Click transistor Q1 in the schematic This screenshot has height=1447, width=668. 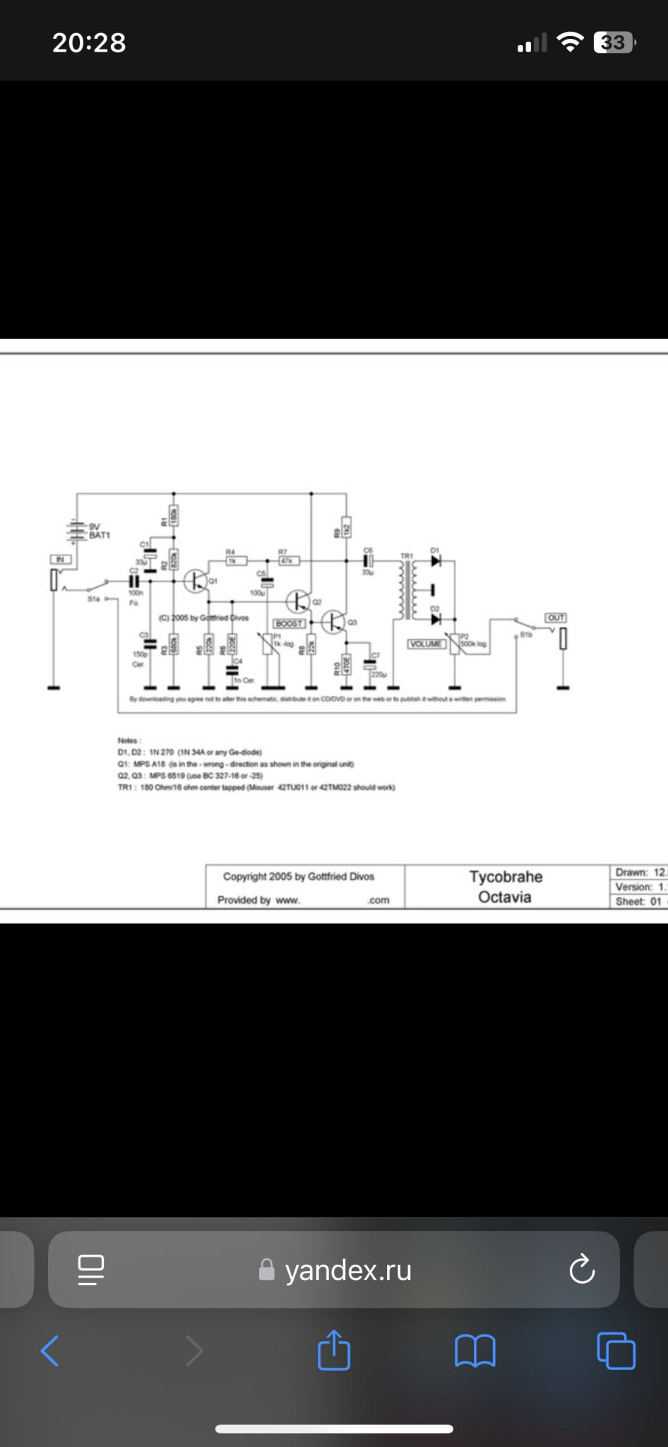(195, 581)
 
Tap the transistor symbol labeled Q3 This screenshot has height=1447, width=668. (333, 622)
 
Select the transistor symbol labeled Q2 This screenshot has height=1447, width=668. (297, 601)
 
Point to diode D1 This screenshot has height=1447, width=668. (436, 562)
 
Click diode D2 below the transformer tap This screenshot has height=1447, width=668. (436, 619)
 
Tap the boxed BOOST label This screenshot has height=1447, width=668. (290, 624)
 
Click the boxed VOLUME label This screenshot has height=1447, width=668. (427, 644)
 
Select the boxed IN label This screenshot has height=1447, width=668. (60, 560)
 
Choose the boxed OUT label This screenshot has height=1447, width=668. (556, 618)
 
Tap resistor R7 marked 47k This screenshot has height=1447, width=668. (288, 561)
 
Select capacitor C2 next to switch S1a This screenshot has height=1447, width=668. (133, 580)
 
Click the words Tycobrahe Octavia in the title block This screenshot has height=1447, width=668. (506, 887)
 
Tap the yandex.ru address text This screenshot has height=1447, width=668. (348, 1270)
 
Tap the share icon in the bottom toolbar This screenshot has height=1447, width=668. (334, 1351)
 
